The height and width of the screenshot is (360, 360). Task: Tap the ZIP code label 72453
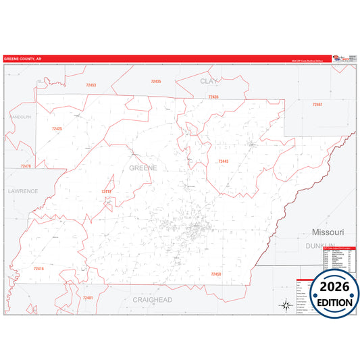tap(91, 85)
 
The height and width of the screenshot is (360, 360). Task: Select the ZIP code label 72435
tap(156, 81)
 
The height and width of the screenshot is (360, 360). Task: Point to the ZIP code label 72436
tap(213, 97)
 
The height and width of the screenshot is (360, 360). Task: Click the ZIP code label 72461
tap(317, 105)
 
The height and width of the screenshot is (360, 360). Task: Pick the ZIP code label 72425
tap(57, 128)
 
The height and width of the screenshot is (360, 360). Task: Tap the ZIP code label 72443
tap(223, 161)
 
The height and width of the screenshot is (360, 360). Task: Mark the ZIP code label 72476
tap(26, 166)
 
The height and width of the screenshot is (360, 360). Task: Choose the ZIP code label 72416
tap(38, 269)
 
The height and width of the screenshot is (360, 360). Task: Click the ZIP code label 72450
tap(216, 274)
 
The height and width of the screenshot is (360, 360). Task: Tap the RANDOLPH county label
tap(20, 117)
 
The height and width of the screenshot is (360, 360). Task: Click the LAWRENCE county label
tap(23, 191)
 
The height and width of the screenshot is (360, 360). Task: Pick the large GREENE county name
tap(143, 166)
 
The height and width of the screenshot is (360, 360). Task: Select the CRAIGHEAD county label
tap(152, 299)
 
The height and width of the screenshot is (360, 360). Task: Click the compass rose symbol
tap(286, 305)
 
